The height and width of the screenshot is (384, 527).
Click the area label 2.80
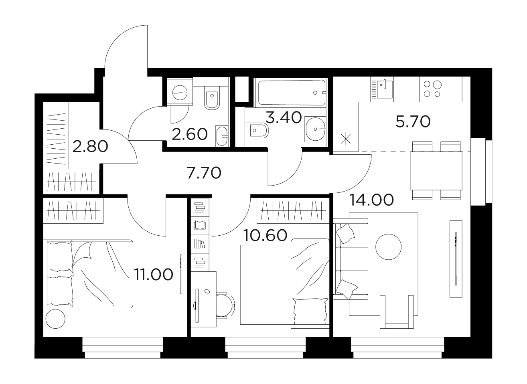(x=90, y=146)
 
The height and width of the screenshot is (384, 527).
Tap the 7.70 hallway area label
(x=204, y=173)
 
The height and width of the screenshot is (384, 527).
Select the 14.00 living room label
(x=372, y=200)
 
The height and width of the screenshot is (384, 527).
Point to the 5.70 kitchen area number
(x=413, y=122)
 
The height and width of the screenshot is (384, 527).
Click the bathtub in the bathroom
(x=292, y=93)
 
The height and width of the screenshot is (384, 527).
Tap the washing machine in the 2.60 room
(x=180, y=93)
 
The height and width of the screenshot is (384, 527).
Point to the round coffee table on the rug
(x=388, y=247)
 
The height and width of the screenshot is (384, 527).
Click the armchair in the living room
(x=397, y=312)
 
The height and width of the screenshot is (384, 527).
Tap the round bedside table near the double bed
(x=55, y=319)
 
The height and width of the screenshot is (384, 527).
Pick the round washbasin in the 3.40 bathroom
(x=315, y=129)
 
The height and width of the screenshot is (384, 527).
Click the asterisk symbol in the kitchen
(x=346, y=139)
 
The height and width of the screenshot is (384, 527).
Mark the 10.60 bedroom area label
(x=266, y=235)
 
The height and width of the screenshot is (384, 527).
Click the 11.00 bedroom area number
(x=153, y=275)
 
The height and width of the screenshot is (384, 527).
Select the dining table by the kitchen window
(x=436, y=171)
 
